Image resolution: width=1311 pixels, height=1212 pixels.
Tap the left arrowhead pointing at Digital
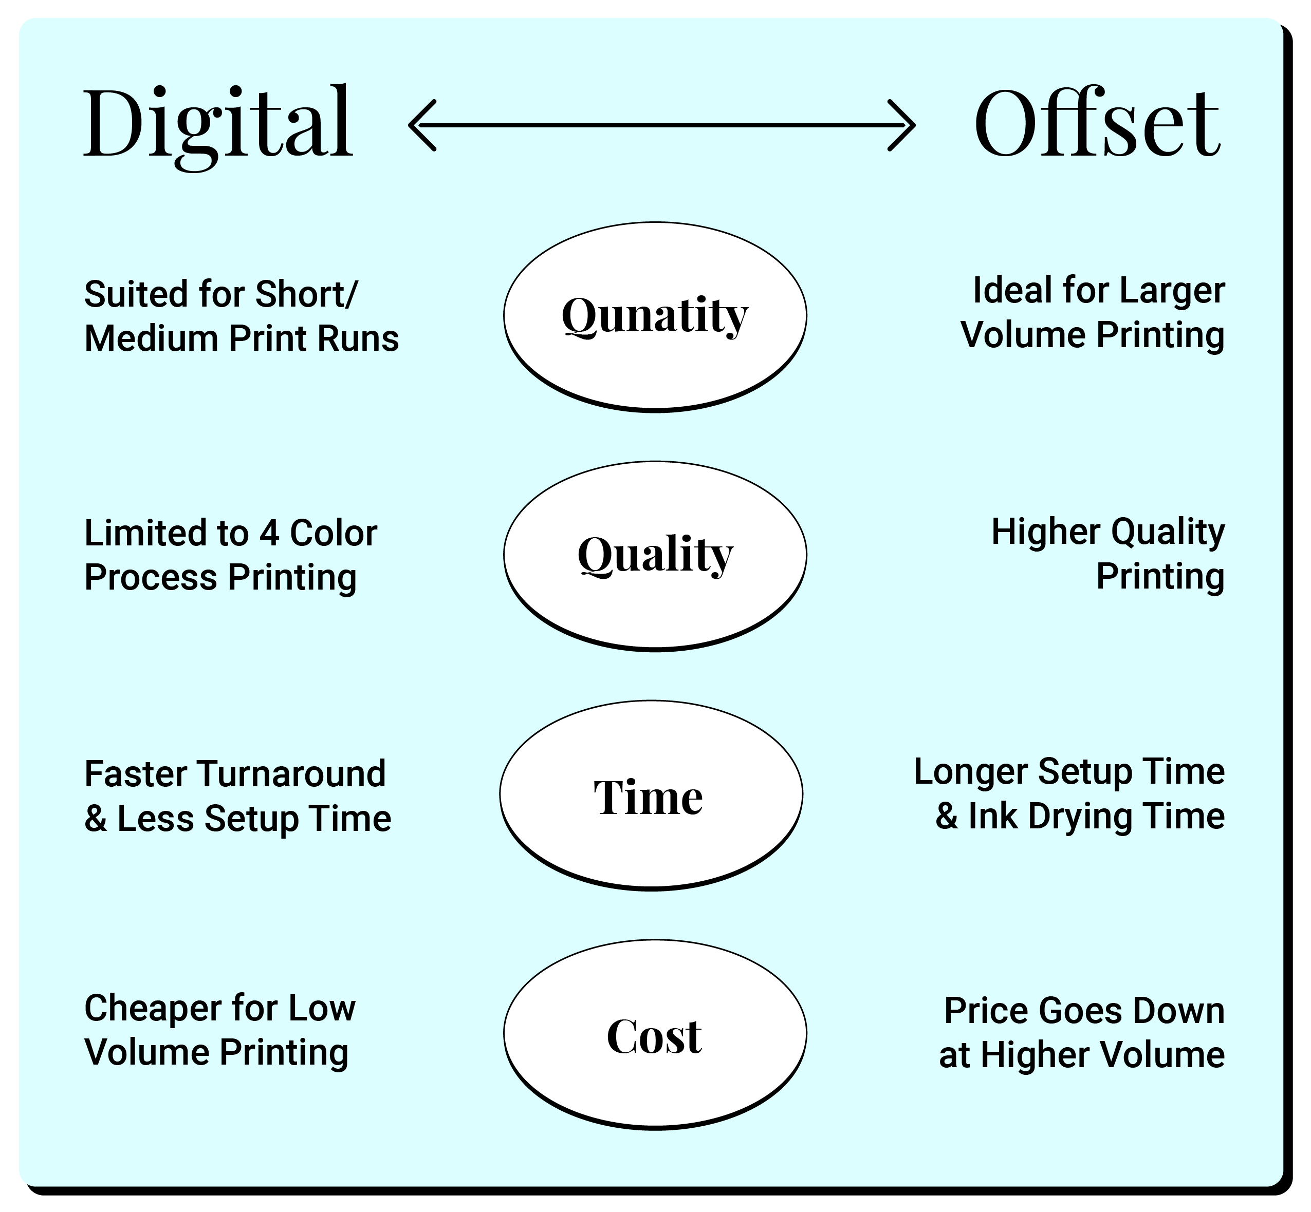(422, 125)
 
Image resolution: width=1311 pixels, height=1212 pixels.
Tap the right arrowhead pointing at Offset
(901, 125)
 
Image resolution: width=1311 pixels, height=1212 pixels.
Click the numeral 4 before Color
(269, 533)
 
